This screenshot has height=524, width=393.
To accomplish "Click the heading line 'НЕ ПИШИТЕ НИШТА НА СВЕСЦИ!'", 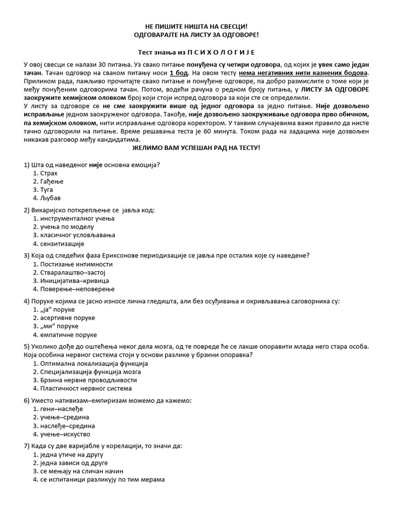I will click(x=197, y=26).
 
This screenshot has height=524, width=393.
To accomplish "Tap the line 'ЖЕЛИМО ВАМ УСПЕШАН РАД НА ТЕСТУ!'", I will click(x=196, y=147).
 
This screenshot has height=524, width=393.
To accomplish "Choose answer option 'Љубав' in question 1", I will click(x=50, y=198).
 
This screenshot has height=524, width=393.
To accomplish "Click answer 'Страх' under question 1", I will click(x=49, y=173).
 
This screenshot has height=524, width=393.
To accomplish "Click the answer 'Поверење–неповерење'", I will click(x=74, y=289).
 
